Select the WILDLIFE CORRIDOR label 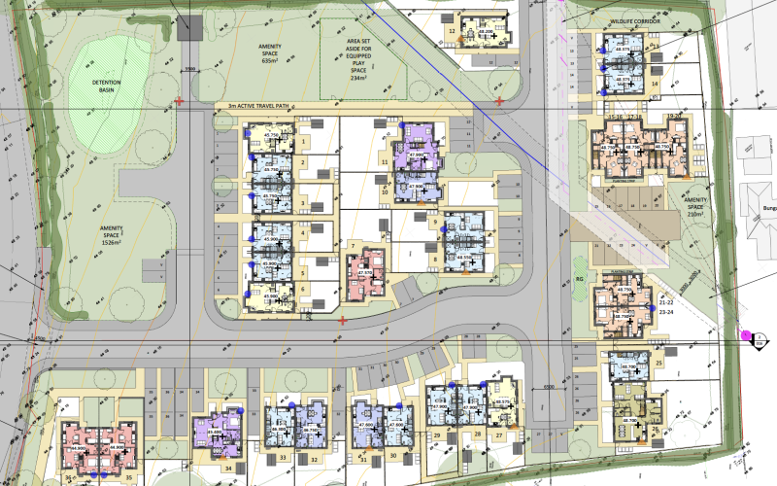click(633, 20)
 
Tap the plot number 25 click(659, 362)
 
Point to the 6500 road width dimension click(550, 386)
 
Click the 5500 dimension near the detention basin click(190, 69)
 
